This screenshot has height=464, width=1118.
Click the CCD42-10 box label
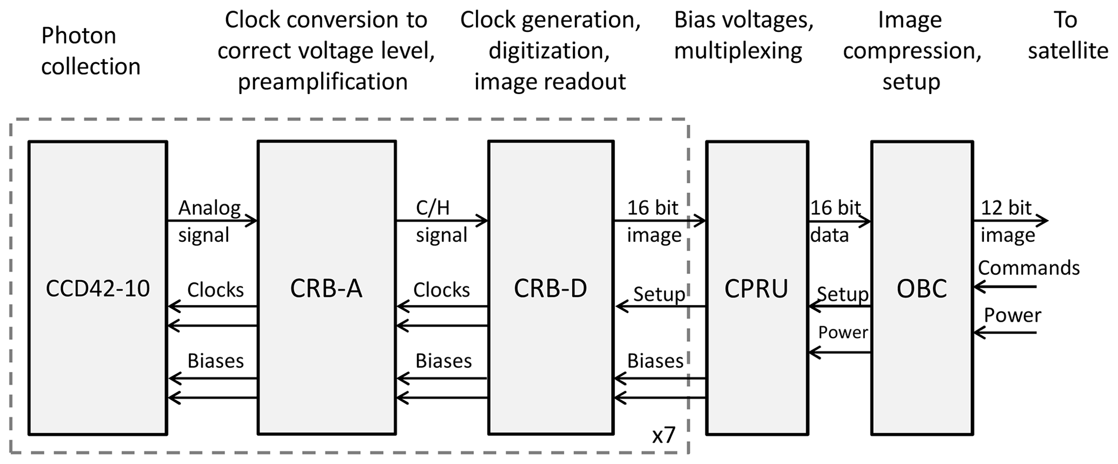[x=97, y=289]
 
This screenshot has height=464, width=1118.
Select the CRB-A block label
[x=326, y=289]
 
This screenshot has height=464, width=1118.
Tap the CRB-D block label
[x=550, y=289]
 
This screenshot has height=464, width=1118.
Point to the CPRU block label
[x=756, y=289]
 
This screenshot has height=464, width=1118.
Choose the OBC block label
[x=922, y=289]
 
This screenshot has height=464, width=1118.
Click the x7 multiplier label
[x=664, y=435]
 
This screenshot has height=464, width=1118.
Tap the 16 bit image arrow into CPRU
[x=660, y=221]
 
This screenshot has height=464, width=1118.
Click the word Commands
[x=1028, y=268]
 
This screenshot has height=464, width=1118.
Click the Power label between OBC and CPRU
[x=843, y=332]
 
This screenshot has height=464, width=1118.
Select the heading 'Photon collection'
[x=90, y=51]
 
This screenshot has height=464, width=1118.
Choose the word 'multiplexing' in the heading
[x=738, y=51]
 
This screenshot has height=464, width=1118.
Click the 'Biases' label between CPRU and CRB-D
[x=655, y=361]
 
